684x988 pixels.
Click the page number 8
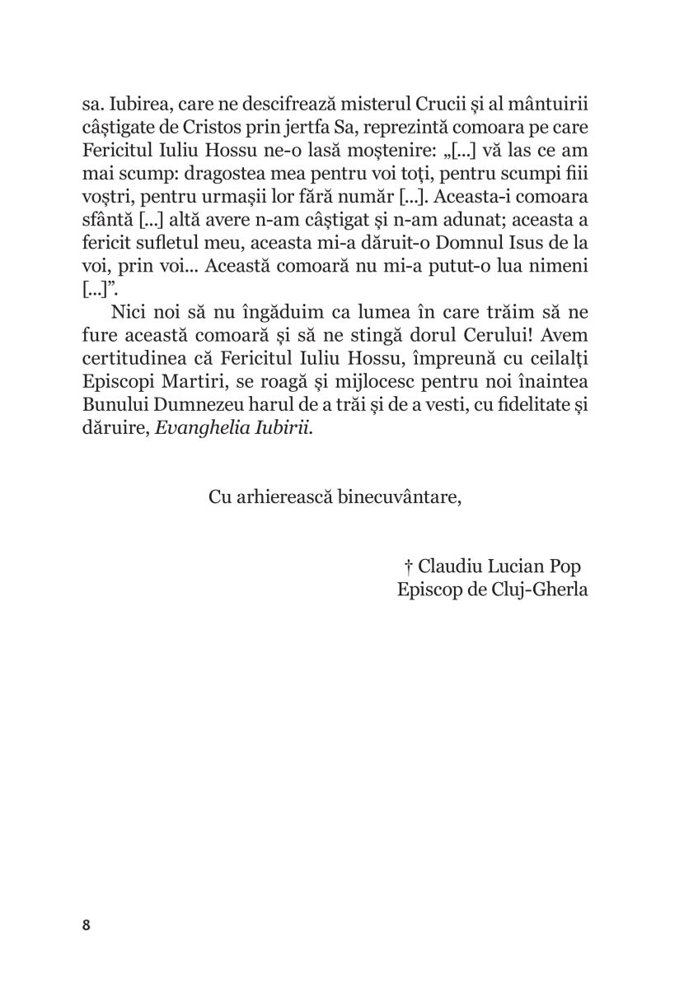coord(87,924)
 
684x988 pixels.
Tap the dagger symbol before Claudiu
coord(408,567)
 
